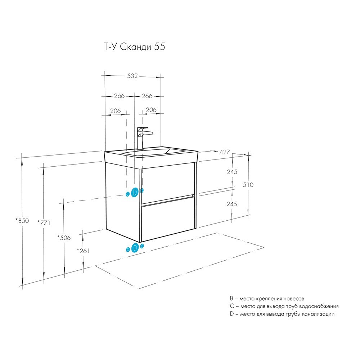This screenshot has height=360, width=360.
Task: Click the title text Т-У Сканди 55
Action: click(x=135, y=47)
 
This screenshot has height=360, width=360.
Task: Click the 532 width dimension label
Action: click(x=132, y=76)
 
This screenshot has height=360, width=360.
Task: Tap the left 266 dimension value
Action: click(x=120, y=96)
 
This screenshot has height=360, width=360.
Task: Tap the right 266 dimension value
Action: click(x=147, y=96)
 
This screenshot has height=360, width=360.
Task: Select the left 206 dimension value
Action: click(x=116, y=111)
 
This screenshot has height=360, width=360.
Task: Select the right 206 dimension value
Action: click(x=151, y=110)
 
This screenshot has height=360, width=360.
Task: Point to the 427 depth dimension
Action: click(x=225, y=152)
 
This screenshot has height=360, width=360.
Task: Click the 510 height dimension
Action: click(x=248, y=185)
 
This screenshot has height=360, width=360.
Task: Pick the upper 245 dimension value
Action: click(x=232, y=172)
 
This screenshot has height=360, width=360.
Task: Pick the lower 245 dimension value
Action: click(x=232, y=204)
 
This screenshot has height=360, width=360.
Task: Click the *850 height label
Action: click(x=22, y=221)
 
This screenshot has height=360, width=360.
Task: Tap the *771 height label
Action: click(x=44, y=222)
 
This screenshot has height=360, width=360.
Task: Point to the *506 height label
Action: click(x=64, y=238)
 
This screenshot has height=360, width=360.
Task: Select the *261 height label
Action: click(x=83, y=251)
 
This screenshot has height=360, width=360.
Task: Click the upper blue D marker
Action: click(x=135, y=192)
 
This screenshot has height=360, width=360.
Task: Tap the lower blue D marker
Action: click(x=135, y=248)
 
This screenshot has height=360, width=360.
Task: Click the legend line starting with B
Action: click(x=267, y=298)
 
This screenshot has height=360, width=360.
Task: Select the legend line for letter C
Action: click(x=284, y=306)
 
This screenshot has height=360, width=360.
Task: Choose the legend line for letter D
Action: click(x=282, y=314)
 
